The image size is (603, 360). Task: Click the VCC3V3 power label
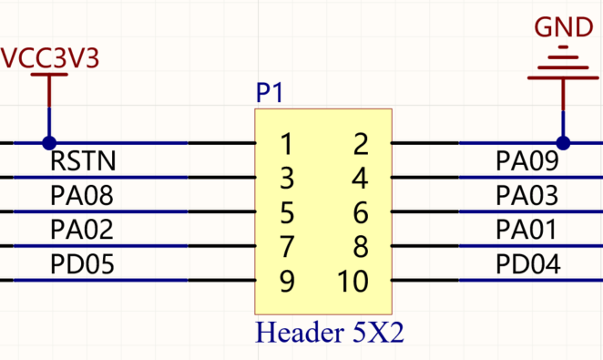(50, 58)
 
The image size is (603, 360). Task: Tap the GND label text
(564, 27)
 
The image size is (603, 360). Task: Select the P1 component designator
(270, 93)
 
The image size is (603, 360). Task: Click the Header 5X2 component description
(330, 333)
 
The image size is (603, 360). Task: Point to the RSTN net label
(83, 160)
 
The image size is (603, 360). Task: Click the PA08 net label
(82, 195)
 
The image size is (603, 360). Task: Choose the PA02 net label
(82, 230)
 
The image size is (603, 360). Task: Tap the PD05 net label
(82, 264)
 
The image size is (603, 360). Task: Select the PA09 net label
(527, 160)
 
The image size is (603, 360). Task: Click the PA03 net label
(526, 195)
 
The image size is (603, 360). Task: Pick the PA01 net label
(526, 230)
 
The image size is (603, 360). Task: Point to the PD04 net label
(528, 264)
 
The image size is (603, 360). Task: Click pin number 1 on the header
(287, 144)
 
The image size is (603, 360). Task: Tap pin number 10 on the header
(353, 281)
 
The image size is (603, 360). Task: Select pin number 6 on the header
(361, 212)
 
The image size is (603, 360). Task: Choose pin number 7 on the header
(287, 247)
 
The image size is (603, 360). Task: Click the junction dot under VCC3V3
(49, 143)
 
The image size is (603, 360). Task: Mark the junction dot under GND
(563, 143)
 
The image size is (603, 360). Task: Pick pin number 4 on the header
(361, 179)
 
